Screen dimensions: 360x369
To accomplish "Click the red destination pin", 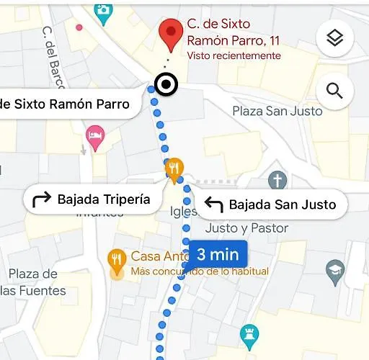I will [170, 32].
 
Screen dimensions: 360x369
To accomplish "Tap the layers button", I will [334, 38].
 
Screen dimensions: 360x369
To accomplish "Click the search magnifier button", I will [334, 91].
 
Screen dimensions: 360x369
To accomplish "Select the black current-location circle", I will [167, 85].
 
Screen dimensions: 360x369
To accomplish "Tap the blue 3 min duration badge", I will [218, 254].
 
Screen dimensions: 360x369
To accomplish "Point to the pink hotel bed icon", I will [94, 135].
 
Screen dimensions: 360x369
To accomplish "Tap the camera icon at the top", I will [104, 9].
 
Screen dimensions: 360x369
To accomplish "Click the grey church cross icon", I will [277, 180].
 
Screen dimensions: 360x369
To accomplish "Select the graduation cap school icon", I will [335, 271].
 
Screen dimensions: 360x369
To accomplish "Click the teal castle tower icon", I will [249, 333].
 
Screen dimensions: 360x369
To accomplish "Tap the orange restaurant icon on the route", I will [174, 169].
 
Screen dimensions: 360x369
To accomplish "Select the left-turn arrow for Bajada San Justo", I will [213, 205].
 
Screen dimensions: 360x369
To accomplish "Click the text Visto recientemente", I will [234, 55].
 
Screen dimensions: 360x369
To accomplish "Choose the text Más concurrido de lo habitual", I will [200, 271].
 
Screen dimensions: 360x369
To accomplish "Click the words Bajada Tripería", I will [104, 199].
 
